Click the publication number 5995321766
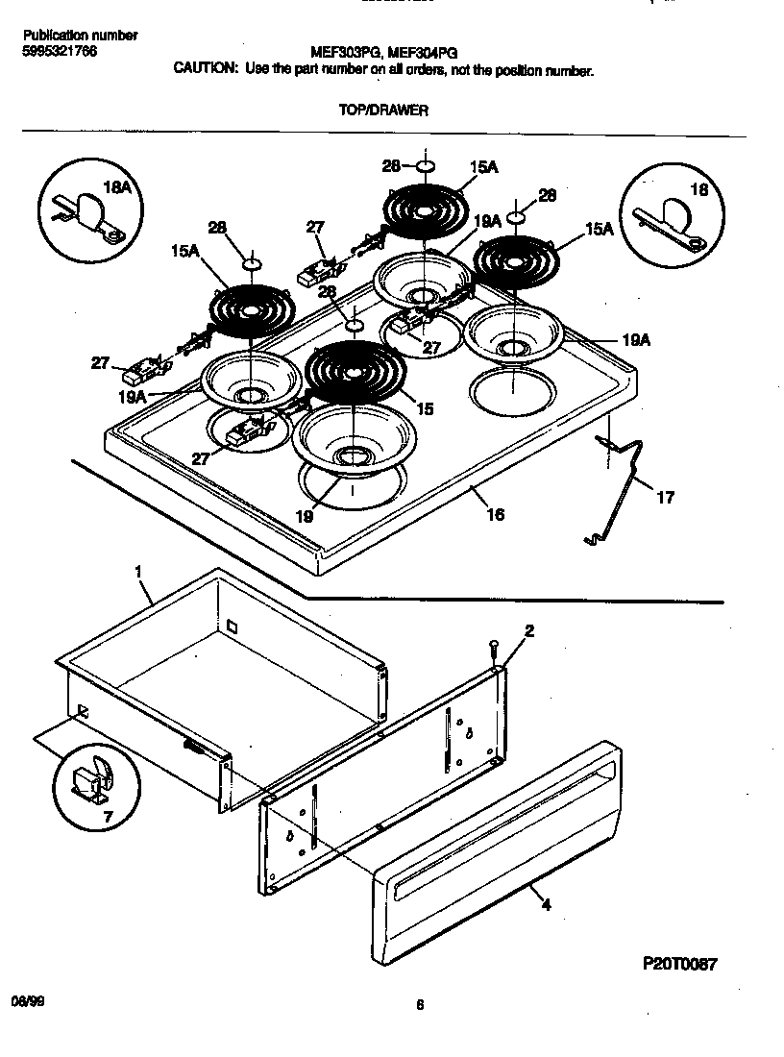(59, 50)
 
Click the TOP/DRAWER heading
(383, 111)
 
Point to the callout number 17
(664, 497)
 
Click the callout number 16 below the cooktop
(495, 515)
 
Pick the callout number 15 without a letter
(424, 408)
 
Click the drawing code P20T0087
(678, 963)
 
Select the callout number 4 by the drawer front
(546, 903)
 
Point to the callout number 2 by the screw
(528, 630)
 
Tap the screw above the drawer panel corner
(492, 649)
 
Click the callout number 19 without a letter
(304, 516)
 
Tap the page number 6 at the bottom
(420, 1005)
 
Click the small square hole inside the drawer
(232, 626)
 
